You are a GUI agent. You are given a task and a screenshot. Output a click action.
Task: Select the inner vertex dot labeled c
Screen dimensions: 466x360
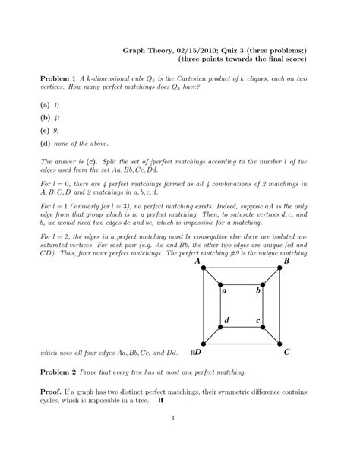[x=262, y=327]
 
